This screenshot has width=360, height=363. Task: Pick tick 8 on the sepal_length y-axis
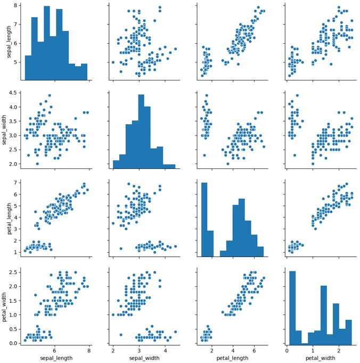(x=15, y=5)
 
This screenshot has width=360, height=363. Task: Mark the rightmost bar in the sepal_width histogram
(x=169, y=166)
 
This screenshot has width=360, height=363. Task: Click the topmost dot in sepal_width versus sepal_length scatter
(x=50, y=96)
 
